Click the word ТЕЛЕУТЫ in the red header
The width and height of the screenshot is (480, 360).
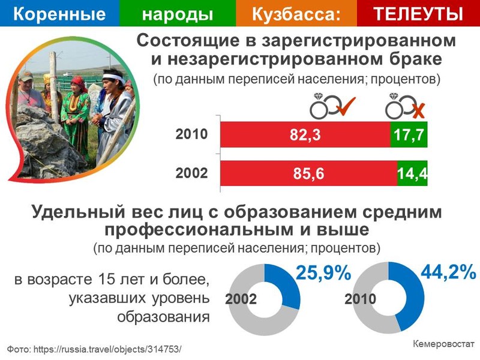(418, 13)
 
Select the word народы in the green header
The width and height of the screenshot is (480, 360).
(178, 14)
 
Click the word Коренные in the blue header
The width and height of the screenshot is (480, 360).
(59, 14)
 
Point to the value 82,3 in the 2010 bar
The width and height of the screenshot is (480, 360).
(305, 134)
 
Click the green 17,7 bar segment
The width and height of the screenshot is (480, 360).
(409, 134)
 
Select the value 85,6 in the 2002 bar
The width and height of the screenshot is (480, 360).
(308, 173)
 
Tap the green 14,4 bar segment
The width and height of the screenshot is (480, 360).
(412, 173)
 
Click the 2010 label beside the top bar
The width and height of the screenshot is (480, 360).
(191, 134)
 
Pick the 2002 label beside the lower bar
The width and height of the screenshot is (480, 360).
(191, 173)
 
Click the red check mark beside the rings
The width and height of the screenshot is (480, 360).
(346, 106)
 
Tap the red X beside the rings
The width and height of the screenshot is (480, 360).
(418, 111)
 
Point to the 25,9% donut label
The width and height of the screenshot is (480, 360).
(323, 272)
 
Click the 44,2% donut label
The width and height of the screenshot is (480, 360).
(448, 271)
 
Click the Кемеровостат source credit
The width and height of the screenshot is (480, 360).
(443, 344)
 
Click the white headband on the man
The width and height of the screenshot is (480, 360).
(114, 78)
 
